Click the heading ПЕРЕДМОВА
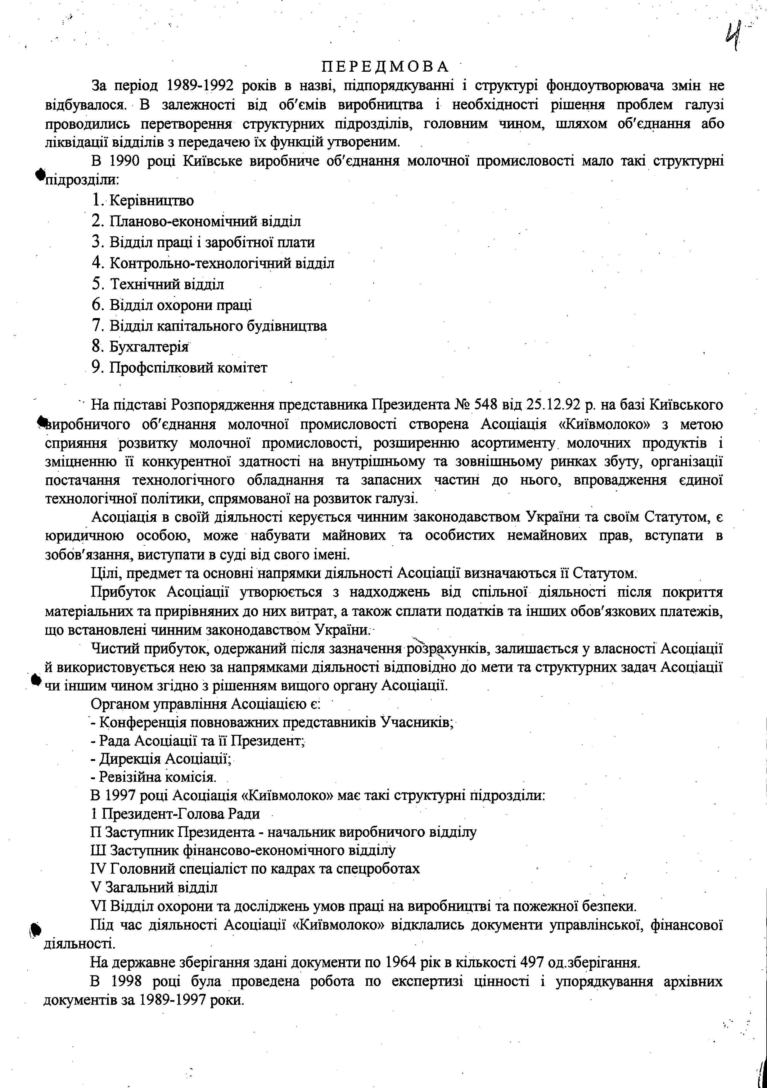pos(384,66)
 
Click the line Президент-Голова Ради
pos(175,814)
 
